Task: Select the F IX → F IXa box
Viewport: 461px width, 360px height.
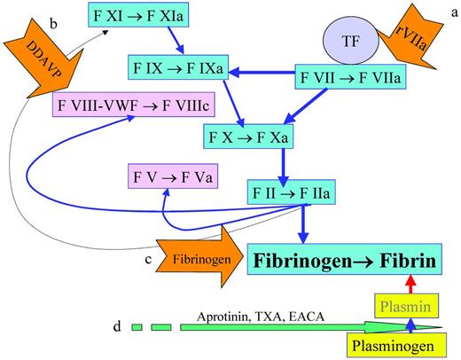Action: (175, 66)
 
